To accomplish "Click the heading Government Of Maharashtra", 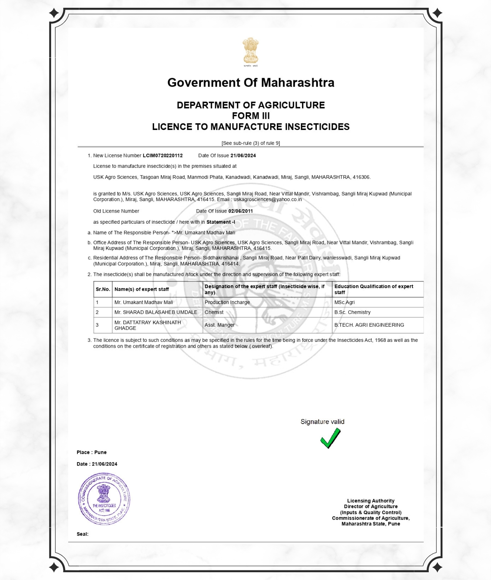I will click(x=251, y=82).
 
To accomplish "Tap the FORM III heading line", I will click(x=251, y=116).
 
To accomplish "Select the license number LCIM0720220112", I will click(x=163, y=156).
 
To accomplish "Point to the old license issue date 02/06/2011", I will click(x=240, y=211).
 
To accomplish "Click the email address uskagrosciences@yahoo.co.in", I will click(x=268, y=200).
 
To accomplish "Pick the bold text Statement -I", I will click(x=220, y=222).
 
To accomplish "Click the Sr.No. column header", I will click(x=103, y=289).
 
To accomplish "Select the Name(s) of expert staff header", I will click(x=142, y=289).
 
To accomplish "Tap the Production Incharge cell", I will click(x=227, y=302).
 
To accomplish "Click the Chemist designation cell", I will click(x=214, y=312).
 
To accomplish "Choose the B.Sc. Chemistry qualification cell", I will click(x=352, y=312).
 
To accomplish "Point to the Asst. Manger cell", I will click(x=219, y=325).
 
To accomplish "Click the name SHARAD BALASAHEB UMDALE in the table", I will click(x=156, y=312).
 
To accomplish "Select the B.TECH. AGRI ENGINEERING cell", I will click(x=369, y=325).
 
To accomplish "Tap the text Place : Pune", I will click(x=92, y=452).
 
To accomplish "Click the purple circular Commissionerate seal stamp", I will click(x=104, y=499).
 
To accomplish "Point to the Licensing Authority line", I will click(x=371, y=501).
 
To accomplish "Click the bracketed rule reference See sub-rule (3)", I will click(x=251, y=143).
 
